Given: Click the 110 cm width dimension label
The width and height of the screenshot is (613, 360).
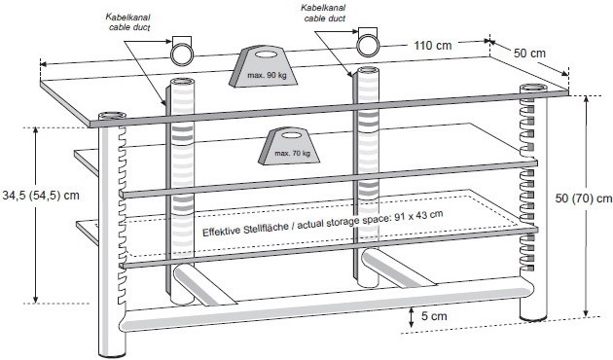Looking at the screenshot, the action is (x=433, y=46).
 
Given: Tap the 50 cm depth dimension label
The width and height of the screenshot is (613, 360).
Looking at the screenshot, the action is (x=529, y=53).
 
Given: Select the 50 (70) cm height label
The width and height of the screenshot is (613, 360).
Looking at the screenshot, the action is (x=584, y=198).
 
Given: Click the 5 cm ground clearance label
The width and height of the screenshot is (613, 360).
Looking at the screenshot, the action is (x=434, y=316).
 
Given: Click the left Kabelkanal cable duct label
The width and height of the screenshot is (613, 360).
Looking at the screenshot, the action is (x=128, y=21).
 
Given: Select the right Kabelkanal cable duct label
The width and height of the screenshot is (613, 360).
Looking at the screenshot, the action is (x=324, y=14).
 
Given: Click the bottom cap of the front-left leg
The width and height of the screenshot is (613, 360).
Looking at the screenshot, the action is (x=112, y=355).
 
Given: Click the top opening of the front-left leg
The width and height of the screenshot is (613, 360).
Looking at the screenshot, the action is (x=112, y=116).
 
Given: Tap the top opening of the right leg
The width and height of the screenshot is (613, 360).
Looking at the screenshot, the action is (x=533, y=88).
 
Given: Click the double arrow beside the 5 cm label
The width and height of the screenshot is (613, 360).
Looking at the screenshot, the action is (x=412, y=317).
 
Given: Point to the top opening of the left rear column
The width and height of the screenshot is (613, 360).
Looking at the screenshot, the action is (x=183, y=82).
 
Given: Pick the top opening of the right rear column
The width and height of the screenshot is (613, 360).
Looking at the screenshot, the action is (x=368, y=70).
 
